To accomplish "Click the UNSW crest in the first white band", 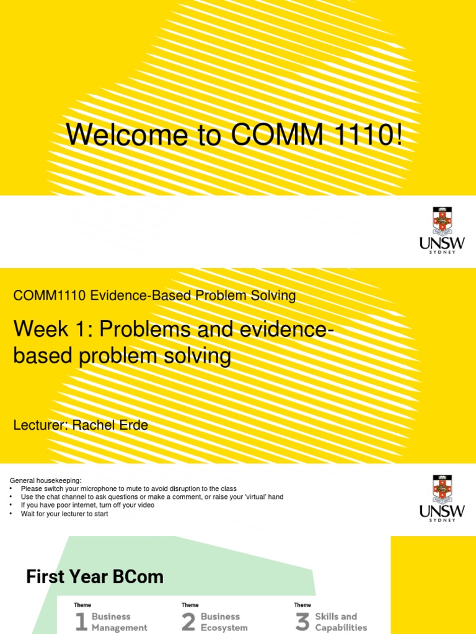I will tap(442, 221).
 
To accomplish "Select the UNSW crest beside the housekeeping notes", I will tap(442, 489).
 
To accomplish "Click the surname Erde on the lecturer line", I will tap(131, 425).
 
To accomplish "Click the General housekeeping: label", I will tap(45, 480).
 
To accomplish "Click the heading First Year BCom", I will tap(94, 577).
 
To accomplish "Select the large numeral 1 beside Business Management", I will tap(81, 622).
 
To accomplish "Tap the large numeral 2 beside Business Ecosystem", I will tap(189, 622).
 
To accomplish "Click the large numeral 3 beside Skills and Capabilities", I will tap(302, 622).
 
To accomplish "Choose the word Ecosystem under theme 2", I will tap(224, 628).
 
